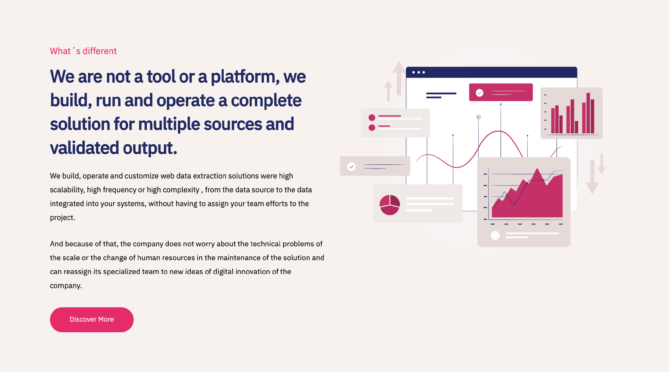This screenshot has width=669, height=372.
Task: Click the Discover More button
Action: (92, 319)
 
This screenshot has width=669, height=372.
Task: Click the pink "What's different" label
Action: (83, 51)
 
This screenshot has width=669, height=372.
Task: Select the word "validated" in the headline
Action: (84, 148)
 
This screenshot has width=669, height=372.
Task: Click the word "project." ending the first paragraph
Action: (62, 218)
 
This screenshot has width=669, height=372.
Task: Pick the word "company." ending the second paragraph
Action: (66, 286)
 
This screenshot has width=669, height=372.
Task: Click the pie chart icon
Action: (390, 205)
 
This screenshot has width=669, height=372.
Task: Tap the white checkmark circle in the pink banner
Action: (479, 93)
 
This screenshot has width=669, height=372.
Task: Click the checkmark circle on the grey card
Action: (351, 166)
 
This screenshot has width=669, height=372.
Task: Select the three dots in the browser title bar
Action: (419, 72)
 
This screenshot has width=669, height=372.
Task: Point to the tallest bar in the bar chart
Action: (588, 113)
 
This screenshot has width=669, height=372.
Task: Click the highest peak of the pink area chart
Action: (537, 169)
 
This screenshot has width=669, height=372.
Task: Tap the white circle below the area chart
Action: (495, 235)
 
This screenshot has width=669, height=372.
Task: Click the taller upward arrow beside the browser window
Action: (399, 78)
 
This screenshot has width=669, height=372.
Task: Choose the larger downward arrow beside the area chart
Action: (592, 177)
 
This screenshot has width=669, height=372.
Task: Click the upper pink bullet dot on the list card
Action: (372, 117)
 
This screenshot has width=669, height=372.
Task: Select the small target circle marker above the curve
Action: (478, 117)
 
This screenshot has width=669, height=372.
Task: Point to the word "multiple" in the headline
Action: (169, 124)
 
